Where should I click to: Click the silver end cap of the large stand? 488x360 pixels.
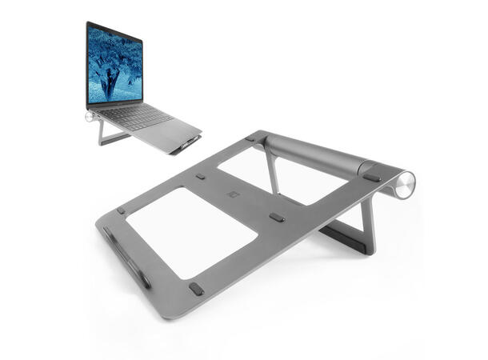[406, 185]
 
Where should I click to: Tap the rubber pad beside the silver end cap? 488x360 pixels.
[371, 175]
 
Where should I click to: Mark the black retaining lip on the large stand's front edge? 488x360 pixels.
[126, 256]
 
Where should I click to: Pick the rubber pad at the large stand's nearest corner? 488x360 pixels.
[196, 288]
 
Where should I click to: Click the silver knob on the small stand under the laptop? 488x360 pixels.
[90, 117]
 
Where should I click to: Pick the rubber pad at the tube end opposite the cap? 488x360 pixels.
[250, 139]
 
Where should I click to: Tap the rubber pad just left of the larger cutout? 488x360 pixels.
[121, 211]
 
